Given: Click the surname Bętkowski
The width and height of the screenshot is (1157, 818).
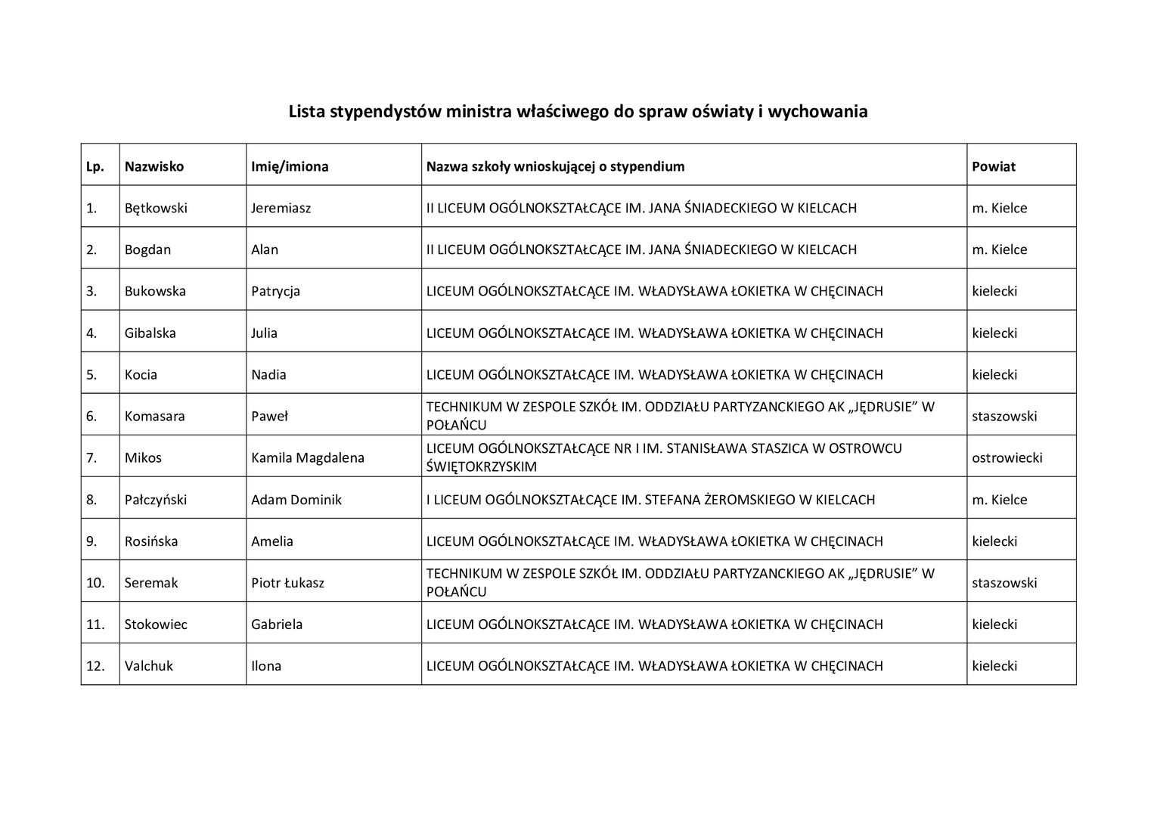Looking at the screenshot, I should (156, 208).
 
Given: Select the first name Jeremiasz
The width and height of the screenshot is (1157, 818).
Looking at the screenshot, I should (281, 208).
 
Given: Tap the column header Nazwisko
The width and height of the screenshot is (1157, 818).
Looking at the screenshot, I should (154, 166).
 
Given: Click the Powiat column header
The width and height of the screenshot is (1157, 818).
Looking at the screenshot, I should (994, 166).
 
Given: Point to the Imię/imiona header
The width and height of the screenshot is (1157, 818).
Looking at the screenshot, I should (290, 166).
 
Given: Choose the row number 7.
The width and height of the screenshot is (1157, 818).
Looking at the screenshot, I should (92, 457).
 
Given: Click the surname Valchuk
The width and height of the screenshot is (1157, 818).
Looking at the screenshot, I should (149, 666).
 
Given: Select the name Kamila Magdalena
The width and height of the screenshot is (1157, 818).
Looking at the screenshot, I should (308, 457).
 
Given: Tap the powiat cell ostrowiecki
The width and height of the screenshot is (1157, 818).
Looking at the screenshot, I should (1007, 457).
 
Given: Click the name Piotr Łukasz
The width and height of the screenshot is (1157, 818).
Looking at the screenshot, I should (287, 583).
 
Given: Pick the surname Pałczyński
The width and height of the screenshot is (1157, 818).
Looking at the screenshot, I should (156, 500).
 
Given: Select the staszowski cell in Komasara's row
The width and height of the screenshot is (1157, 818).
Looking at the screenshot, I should (1004, 416).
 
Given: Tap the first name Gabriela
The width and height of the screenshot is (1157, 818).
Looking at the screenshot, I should (277, 624).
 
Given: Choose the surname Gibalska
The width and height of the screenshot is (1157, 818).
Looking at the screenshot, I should (150, 333).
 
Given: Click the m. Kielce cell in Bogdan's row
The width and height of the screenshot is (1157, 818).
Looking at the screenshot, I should (999, 249).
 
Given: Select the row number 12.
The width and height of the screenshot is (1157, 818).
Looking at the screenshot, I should (95, 666).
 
